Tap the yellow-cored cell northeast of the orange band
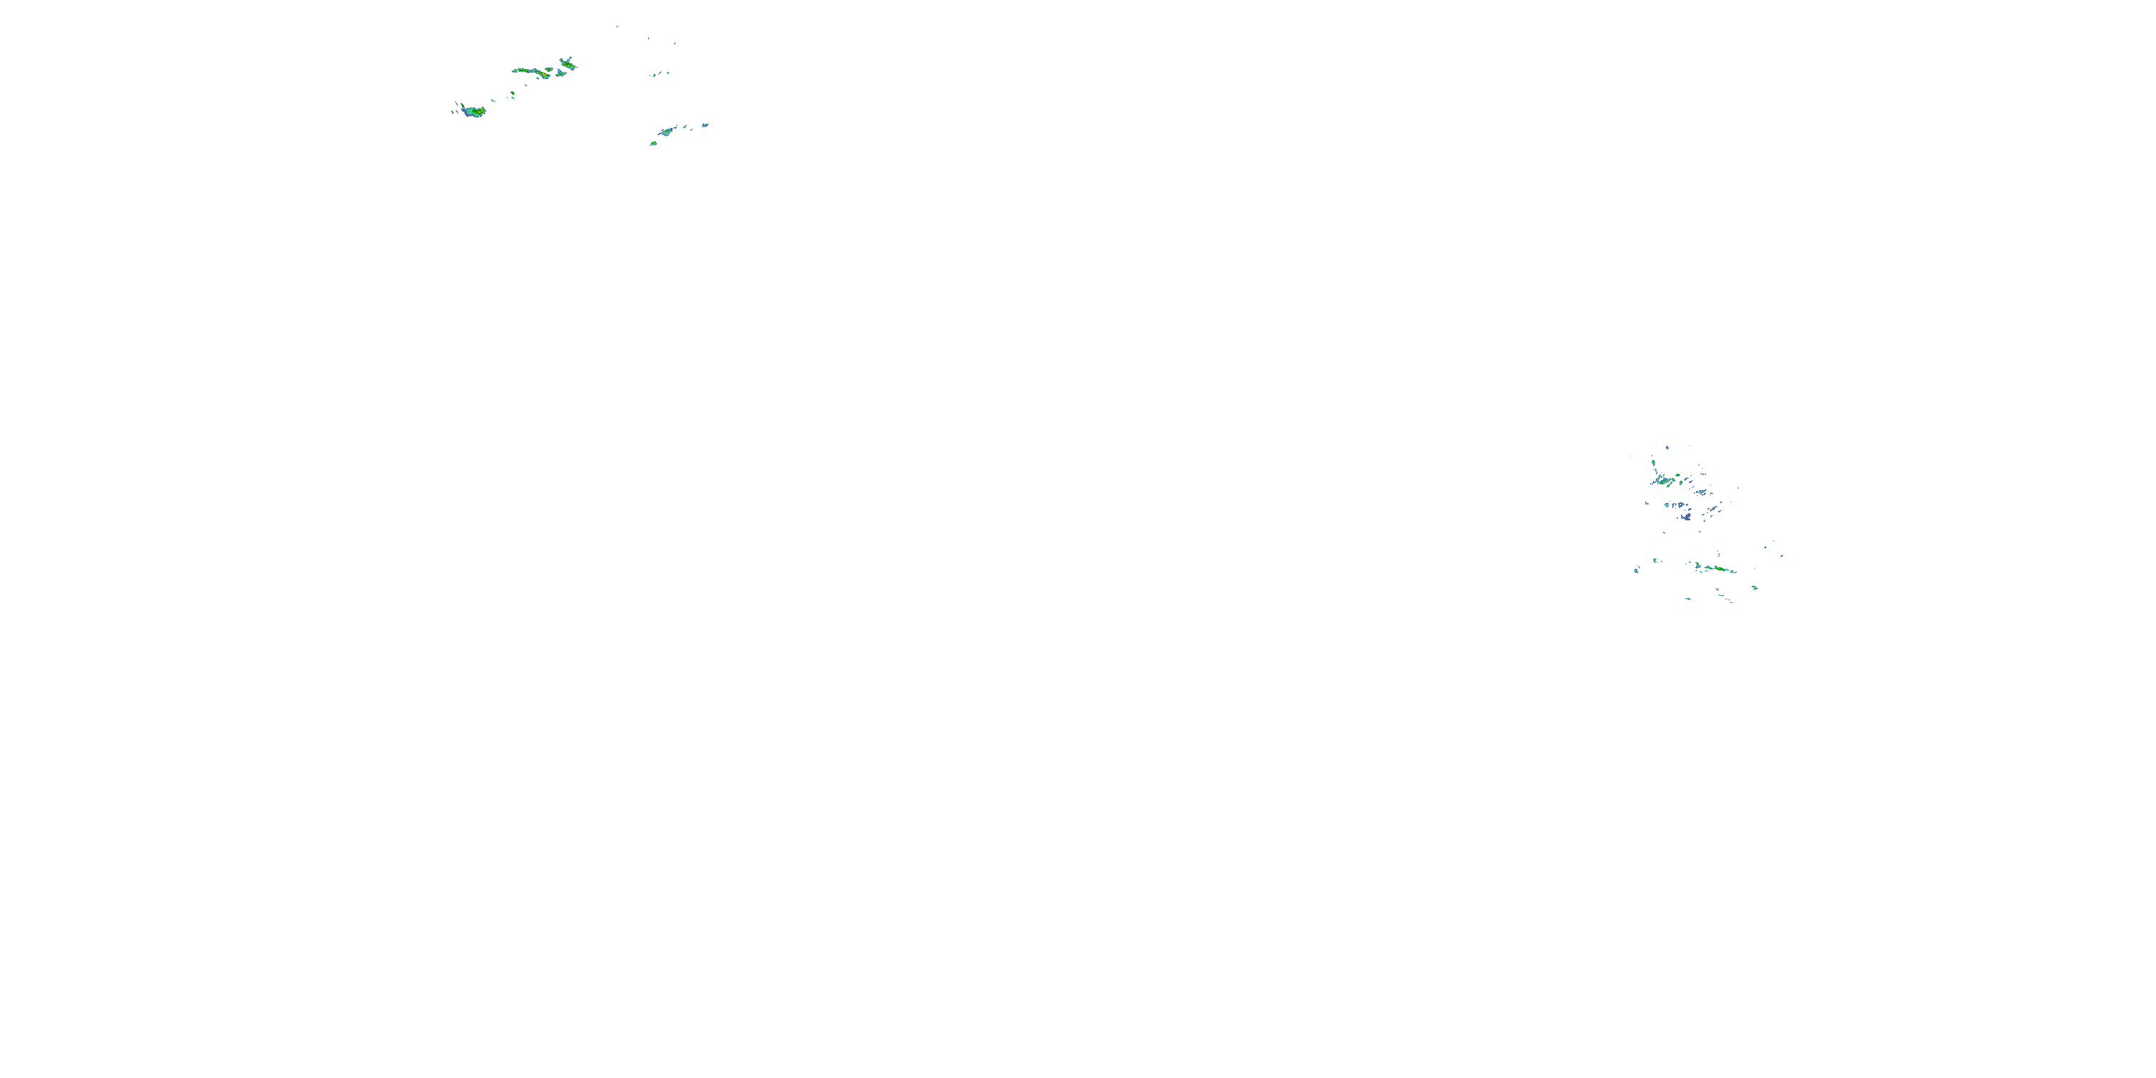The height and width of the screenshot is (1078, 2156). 568,65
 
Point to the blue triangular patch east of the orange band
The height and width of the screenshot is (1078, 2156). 561,73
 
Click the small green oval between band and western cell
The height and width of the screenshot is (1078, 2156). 513,93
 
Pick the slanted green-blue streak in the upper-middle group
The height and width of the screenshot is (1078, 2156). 666,132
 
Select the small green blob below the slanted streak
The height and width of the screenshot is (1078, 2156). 654,143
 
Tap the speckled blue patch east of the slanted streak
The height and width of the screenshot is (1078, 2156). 706,126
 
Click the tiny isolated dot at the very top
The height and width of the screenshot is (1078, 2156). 617,27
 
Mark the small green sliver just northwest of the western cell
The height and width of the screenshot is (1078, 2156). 463,105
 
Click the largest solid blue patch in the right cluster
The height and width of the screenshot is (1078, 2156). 1687,517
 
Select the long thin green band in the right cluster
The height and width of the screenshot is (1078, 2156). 1719,569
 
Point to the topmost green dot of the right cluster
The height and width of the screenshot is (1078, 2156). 1667,448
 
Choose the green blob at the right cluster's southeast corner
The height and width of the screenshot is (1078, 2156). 1755,588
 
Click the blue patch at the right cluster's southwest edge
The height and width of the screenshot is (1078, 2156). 1636,571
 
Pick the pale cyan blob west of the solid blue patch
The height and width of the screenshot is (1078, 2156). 1667,505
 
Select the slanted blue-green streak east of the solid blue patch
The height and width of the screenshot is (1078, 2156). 1714,509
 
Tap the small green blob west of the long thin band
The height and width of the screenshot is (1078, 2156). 1654,560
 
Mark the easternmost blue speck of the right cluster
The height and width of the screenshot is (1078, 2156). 1782,556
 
